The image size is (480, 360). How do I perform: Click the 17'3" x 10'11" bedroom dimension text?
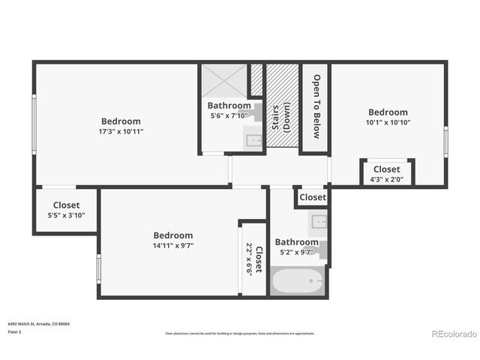[x=120, y=131]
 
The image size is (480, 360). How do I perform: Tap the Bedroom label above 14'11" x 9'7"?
[x=172, y=235]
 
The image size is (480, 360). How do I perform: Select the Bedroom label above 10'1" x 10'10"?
[x=387, y=112]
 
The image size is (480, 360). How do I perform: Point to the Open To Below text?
[x=316, y=106]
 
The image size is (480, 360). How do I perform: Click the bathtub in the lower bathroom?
[x=298, y=283]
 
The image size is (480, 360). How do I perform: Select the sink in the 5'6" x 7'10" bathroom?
[x=254, y=139]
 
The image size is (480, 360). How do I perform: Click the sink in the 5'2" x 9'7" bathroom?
[x=319, y=221]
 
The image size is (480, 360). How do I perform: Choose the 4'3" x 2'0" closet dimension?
[x=386, y=179]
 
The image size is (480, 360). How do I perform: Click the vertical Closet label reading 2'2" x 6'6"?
[x=253, y=259]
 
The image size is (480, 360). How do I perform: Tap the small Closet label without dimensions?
[x=313, y=197]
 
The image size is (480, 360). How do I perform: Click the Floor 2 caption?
[x=14, y=331]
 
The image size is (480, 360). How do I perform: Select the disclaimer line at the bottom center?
[x=240, y=333]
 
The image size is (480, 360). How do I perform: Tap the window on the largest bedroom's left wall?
[x=33, y=124]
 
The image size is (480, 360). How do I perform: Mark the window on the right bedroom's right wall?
[x=445, y=139]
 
